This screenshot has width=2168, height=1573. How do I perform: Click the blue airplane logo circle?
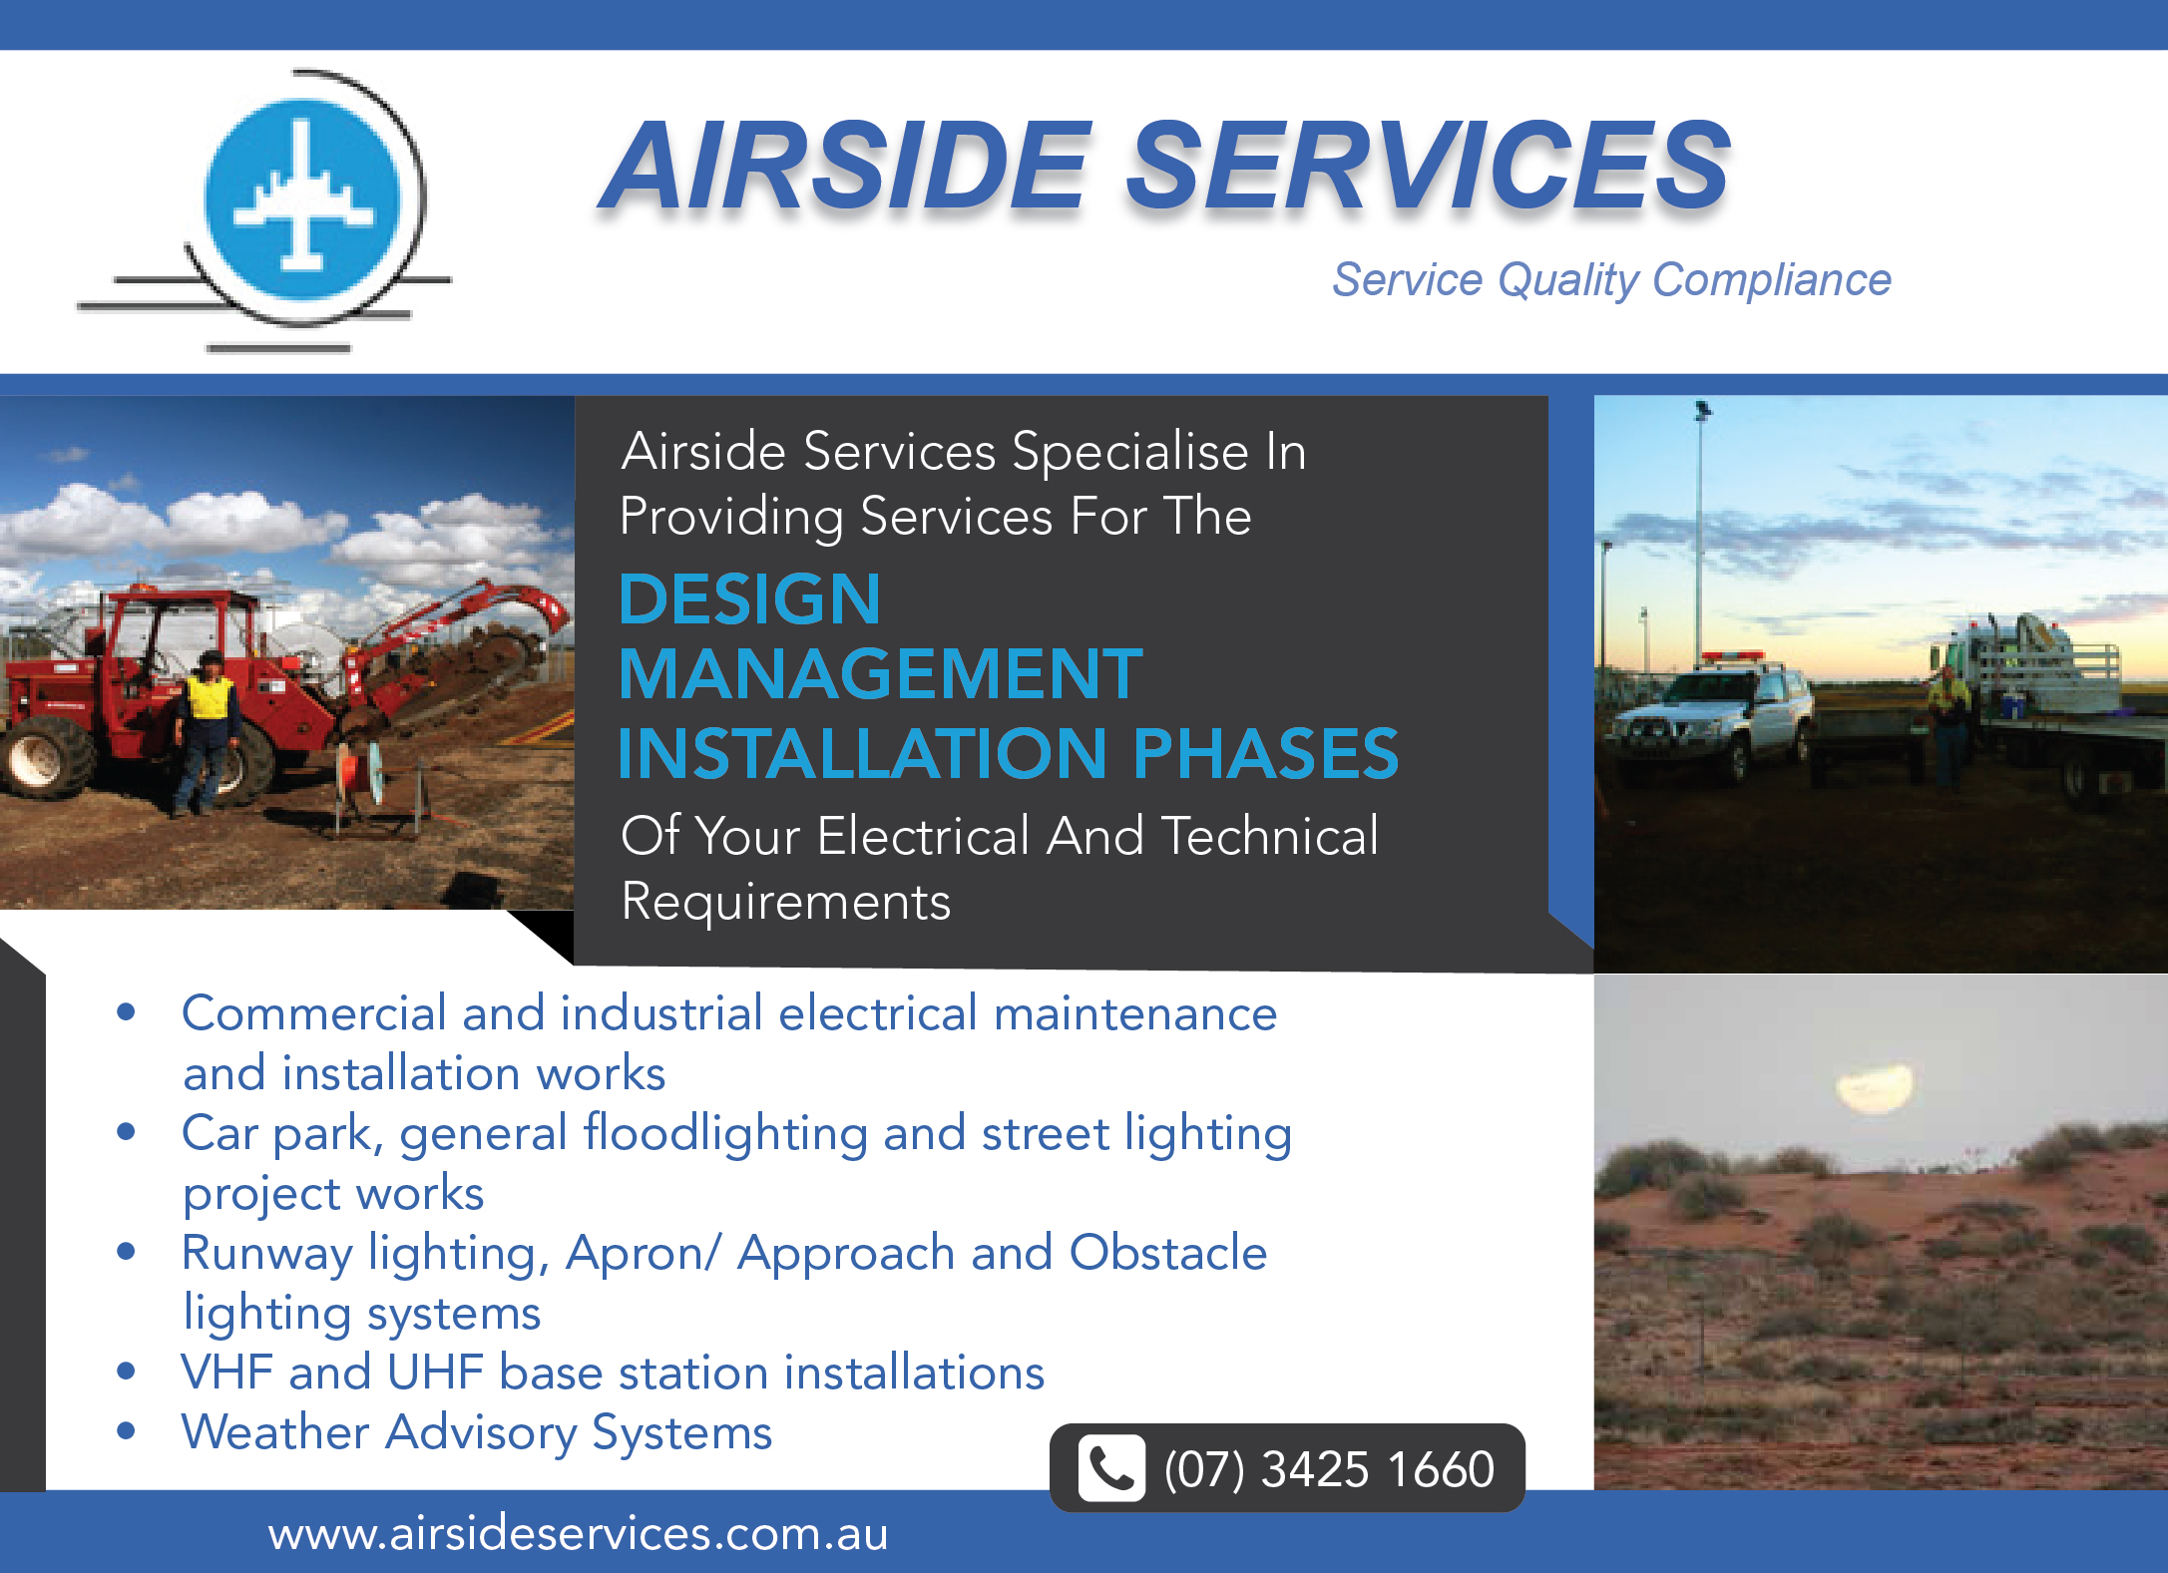[x=302, y=198]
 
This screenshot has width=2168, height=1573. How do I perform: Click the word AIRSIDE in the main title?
[x=847, y=166]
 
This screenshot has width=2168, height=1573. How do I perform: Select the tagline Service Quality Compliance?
[x=1611, y=279]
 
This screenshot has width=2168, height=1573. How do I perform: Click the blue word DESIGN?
[x=749, y=598]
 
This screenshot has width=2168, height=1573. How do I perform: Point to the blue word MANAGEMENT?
[x=880, y=674]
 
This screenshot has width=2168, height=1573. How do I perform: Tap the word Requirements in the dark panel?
[x=785, y=903]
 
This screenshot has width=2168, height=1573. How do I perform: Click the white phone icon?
[x=1111, y=1468]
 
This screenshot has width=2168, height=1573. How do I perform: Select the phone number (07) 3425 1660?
[x=1329, y=1469]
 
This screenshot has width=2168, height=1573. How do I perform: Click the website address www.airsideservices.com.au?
[x=578, y=1533]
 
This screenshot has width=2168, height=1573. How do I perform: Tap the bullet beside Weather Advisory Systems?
[x=126, y=1431]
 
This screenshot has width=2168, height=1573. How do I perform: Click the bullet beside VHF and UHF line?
[x=126, y=1371]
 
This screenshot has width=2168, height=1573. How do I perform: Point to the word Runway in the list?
[x=266, y=1255]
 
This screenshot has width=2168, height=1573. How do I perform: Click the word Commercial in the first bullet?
[x=313, y=1013]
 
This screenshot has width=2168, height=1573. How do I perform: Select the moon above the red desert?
[x=1875, y=1087]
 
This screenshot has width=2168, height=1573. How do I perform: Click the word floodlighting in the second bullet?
[x=725, y=1134]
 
